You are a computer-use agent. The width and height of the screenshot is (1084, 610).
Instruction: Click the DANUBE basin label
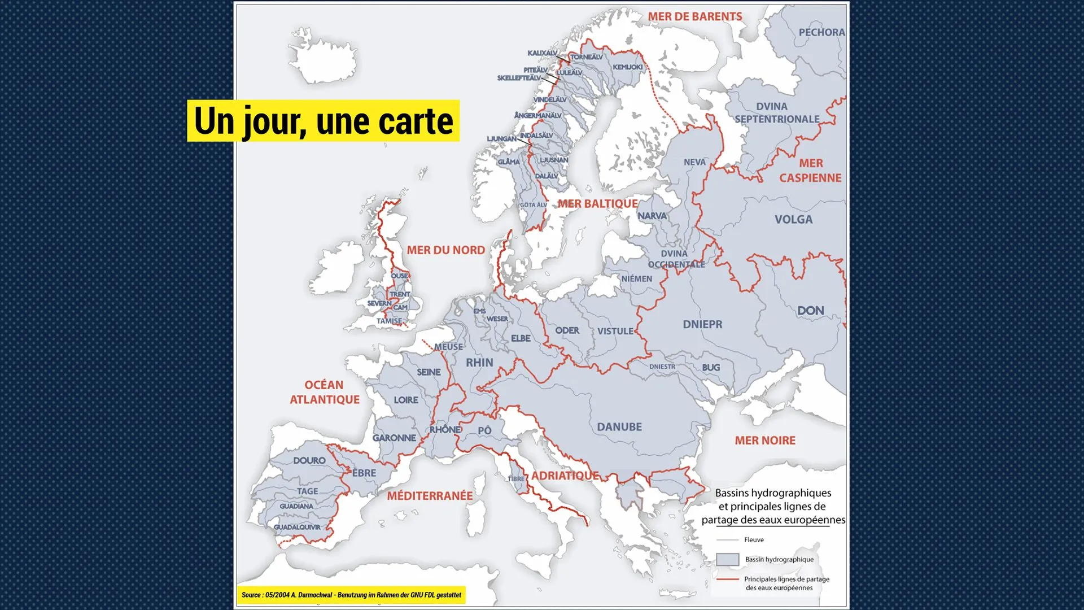619,427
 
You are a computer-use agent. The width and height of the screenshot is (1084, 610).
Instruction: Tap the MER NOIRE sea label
765,441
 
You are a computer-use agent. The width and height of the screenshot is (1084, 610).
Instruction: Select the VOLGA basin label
793,220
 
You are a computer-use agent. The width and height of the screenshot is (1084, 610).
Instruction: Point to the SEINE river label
429,372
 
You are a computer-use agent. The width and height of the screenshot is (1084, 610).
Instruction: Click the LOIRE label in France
406,400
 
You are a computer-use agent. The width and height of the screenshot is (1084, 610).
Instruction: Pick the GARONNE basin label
394,438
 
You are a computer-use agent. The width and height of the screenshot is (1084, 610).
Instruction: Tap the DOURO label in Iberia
309,460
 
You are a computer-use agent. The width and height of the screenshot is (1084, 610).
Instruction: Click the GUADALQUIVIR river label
297,527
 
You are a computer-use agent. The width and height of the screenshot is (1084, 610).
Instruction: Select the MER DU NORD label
445,250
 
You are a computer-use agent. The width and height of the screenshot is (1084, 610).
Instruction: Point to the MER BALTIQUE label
598,204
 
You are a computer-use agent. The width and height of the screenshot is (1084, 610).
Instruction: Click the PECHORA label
821,32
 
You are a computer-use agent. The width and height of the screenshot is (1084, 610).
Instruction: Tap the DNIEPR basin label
702,324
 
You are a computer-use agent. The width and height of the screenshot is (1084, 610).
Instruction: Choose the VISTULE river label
615,331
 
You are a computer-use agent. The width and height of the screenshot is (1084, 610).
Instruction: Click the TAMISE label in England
390,321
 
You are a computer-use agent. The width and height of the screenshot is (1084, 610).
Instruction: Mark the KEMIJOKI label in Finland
628,67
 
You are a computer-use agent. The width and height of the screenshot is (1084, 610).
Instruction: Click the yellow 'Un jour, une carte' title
324,121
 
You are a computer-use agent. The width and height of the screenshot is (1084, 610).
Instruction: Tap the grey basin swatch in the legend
727,559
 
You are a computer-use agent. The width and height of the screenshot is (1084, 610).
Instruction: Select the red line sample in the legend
727,579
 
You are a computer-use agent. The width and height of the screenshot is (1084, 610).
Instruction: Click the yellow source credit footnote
351,595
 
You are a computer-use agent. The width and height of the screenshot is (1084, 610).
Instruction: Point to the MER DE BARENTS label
695,17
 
